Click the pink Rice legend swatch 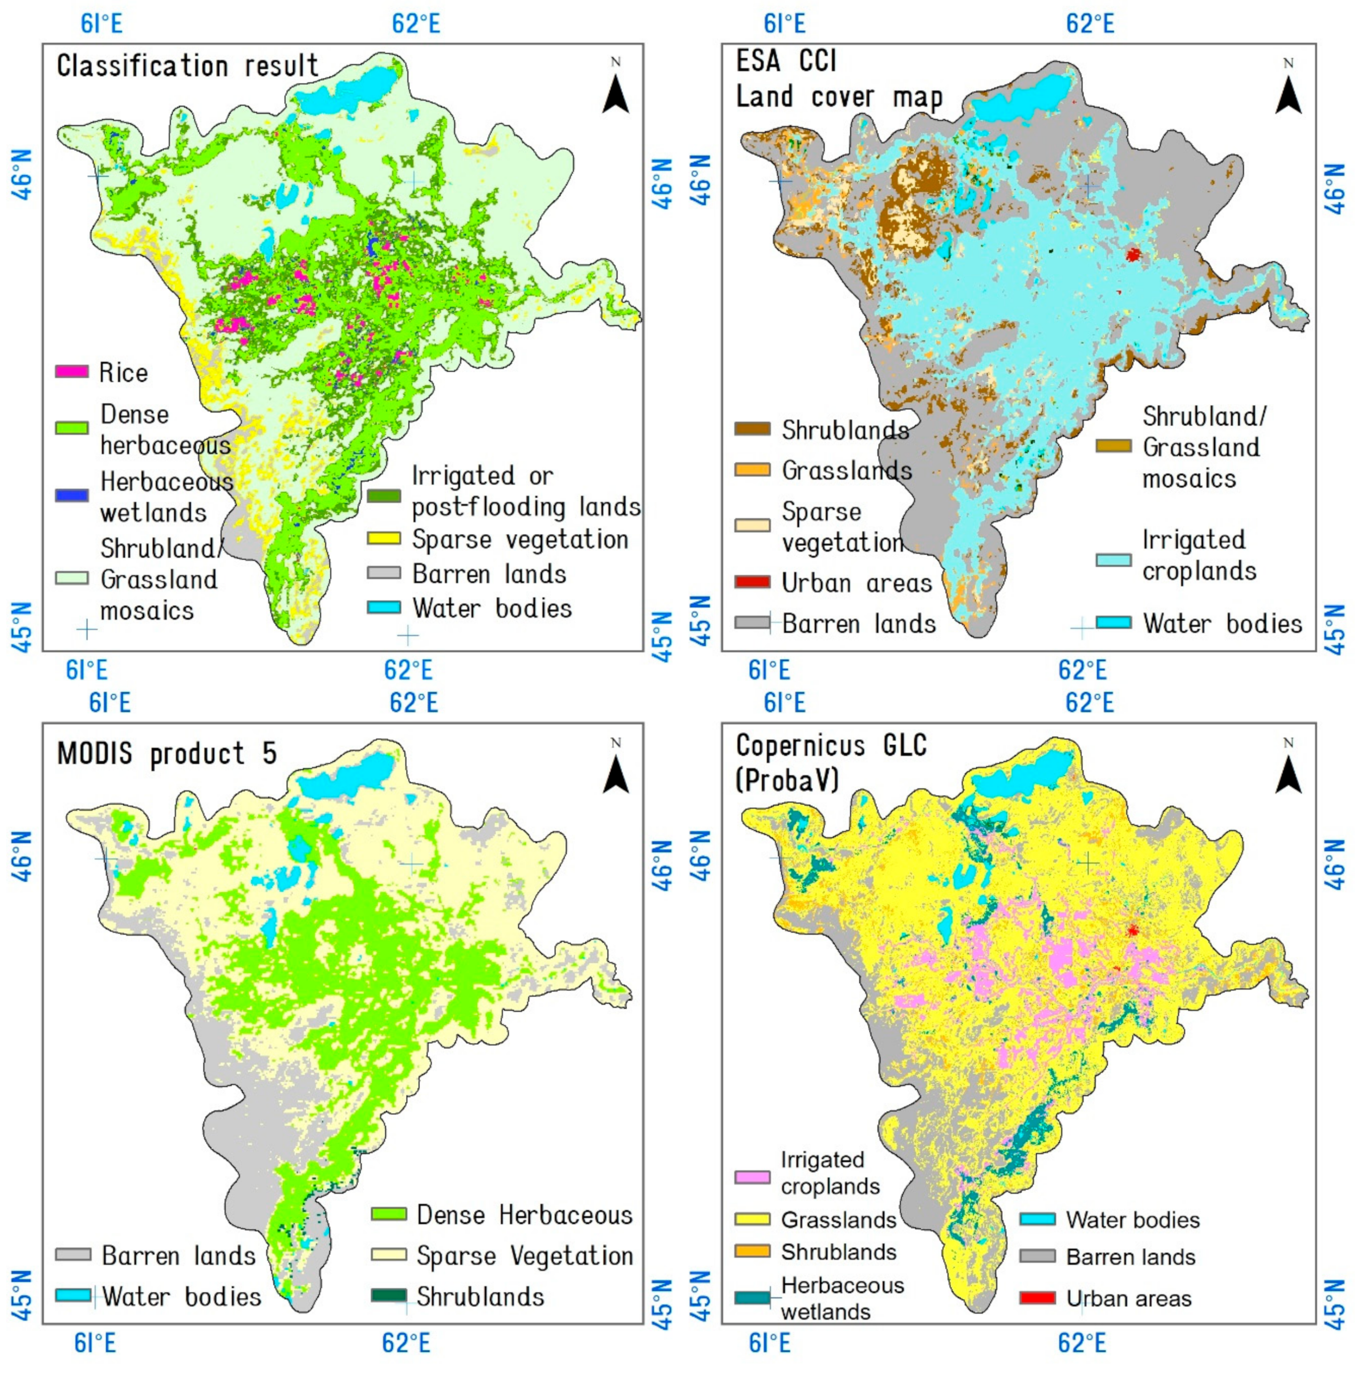(72, 371)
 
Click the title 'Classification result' (187, 66)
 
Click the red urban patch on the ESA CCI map (1133, 254)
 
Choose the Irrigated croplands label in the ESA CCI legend (1199, 555)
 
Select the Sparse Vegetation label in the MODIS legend (524, 1256)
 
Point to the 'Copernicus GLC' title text (830, 746)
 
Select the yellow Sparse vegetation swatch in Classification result (383, 539)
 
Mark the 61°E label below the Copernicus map (769, 1342)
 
